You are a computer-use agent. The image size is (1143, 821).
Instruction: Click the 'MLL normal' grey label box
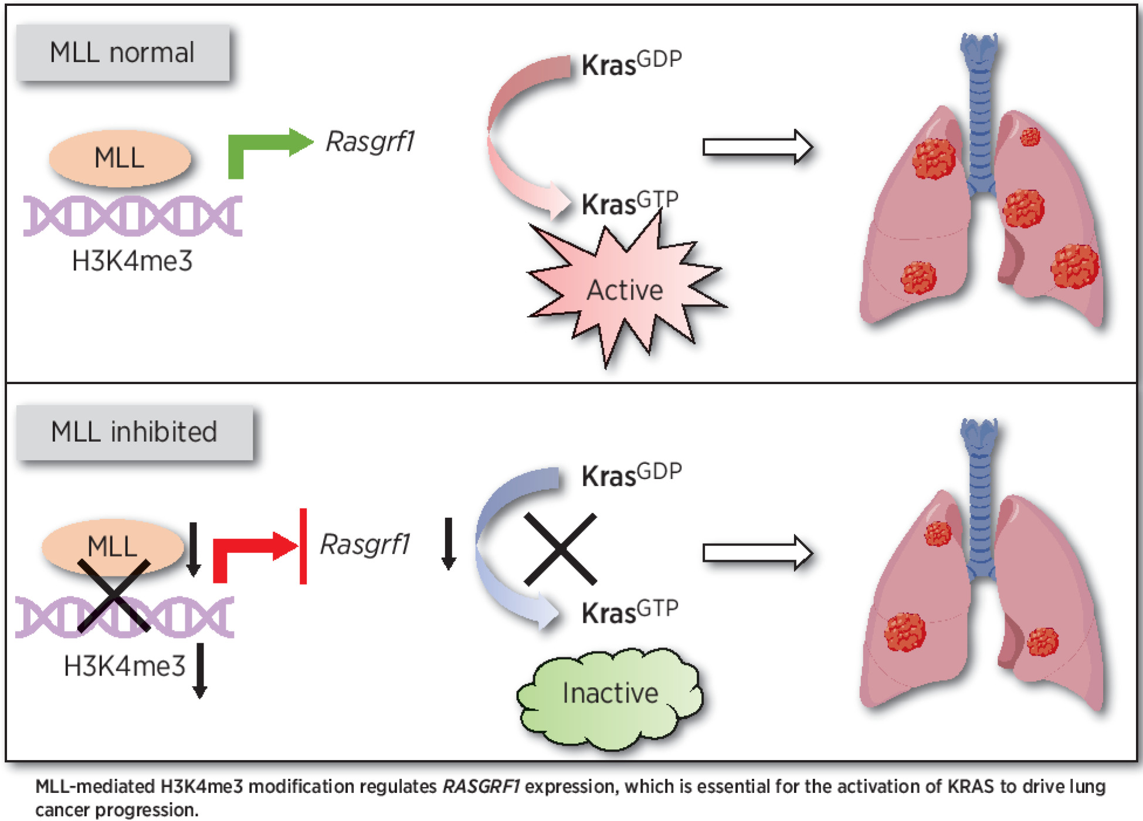pyautogui.click(x=122, y=53)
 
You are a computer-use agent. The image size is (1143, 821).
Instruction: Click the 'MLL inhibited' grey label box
pyautogui.click(x=134, y=432)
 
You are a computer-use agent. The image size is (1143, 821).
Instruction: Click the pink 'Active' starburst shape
pyautogui.click(x=625, y=290)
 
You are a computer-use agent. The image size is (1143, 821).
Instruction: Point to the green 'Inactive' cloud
pyautogui.click(x=610, y=695)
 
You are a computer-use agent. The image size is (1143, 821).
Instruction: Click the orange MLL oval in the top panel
pyautogui.click(x=120, y=158)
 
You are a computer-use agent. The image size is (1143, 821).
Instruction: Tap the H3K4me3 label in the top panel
pyautogui.click(x=132, y=262)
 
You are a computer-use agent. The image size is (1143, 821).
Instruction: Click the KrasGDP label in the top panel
pyautogui.click(x=631, y=63)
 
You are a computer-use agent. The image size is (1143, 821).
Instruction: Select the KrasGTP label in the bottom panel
pyautogui.click(x=630, y=612)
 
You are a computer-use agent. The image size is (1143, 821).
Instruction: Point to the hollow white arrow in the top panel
pyautogui.click(x=757, y=147)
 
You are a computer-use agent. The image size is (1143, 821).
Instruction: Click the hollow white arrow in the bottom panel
pyautogui.click(x=757, y=552)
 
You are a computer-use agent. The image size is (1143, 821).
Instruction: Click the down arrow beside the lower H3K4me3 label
pyautogui.click(x=200, y=670)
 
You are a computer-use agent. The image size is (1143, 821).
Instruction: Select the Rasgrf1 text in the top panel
pyautogui.click(x=370, y=141)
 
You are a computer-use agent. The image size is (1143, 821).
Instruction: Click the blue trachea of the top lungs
pyautogui.click(x=979, y=117)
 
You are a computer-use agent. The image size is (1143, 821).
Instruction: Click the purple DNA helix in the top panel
pyautogui.click(x=133, y=216)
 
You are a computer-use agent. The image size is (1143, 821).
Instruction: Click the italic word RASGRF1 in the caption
pyautogui.click(x=481, y=786)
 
